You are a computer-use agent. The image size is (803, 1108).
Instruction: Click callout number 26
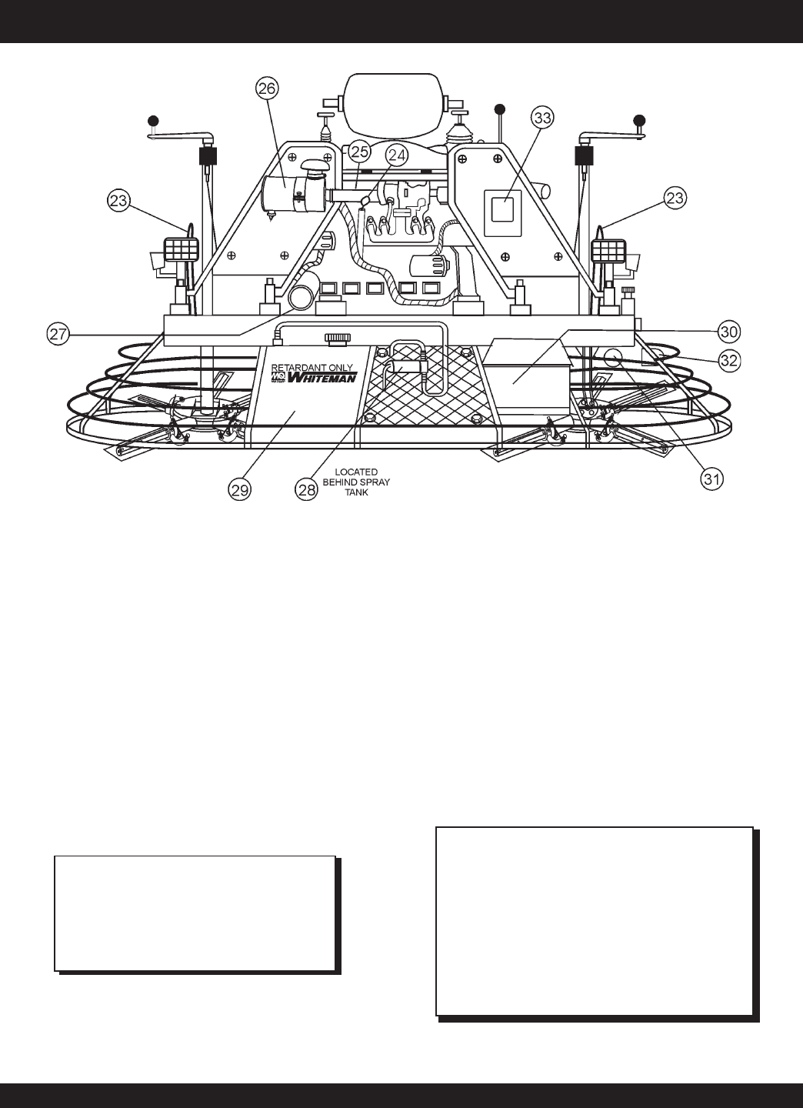(267, 88)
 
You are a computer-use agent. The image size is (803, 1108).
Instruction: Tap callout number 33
(542, 118)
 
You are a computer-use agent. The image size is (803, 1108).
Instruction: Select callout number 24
(397, 155)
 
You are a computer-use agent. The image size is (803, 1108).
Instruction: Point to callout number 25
(359, 152)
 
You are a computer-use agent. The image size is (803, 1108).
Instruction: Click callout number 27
(58, 334)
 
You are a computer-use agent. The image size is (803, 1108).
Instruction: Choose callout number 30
(729, 332)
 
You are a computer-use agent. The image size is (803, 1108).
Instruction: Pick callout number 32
(729, 360)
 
